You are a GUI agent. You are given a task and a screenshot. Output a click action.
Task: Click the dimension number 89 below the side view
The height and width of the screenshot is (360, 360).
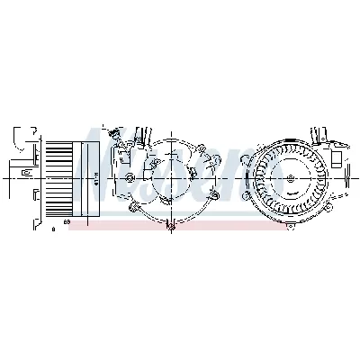tap(67, 221)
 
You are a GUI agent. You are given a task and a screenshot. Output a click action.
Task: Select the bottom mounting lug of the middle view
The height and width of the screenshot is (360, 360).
tap(168, 224)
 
